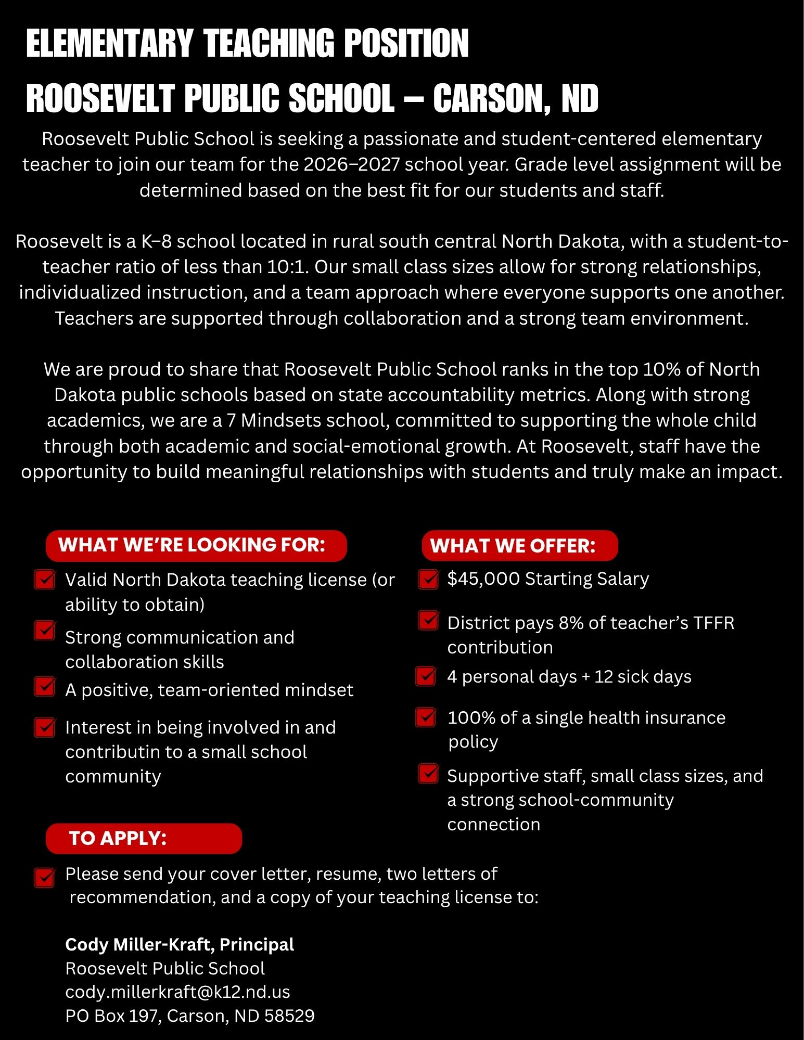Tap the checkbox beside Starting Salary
pos(428,579)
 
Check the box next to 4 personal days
pos(426,676)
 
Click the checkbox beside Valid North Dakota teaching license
pos(45,580)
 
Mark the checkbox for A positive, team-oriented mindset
pos(45,686)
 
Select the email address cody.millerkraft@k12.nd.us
pos(177,992)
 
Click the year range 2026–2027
pos(352,164)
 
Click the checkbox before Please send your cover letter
pos(45,877)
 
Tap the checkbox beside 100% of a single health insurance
pos(426,717)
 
